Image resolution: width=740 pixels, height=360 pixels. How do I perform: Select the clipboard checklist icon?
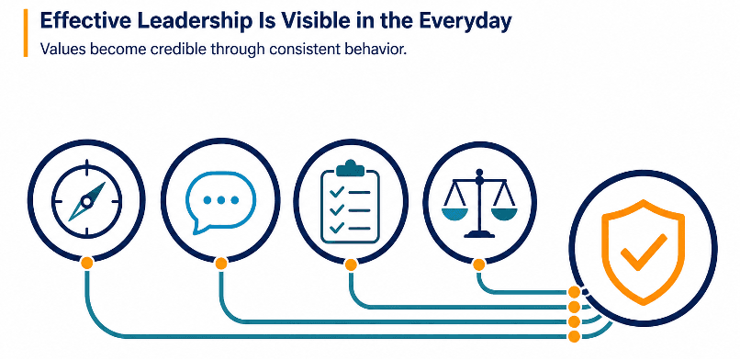[350, 202]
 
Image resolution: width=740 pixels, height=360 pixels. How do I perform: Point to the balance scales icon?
[479, 203]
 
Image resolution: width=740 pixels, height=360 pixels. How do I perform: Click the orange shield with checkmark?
[644, 252]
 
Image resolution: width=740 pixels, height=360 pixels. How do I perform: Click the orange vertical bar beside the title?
[26, 33]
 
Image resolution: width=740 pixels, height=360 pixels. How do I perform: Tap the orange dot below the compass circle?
[87, 263]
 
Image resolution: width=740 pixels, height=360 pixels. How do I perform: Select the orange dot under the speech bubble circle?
[221, 264]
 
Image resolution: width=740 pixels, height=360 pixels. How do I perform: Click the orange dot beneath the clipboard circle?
[351, 264]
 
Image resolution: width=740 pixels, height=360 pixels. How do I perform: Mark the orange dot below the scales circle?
[479, 264]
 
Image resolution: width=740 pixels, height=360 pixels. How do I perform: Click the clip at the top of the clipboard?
[349, 166]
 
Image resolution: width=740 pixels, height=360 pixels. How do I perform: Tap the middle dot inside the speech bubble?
[221, 200]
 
